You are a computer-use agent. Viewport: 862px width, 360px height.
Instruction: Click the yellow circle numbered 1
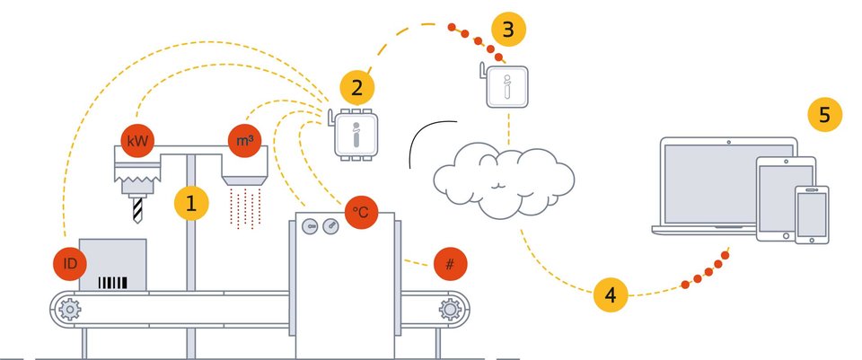[190, 203]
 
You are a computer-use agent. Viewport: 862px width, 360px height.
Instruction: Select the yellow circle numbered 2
[357, 88]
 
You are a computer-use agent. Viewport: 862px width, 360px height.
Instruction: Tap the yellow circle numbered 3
[508, 30]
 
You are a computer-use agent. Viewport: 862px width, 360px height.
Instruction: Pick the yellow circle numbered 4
[611, 294]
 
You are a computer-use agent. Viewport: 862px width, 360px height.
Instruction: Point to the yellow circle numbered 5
[824, 115]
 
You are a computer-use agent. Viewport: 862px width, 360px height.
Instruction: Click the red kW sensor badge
[137, 141]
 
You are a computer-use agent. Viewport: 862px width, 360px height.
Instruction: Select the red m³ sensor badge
[243, 140]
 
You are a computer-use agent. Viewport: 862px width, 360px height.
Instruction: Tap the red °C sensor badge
[360, 212]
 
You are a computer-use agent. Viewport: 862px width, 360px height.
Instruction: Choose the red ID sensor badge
[69, 264]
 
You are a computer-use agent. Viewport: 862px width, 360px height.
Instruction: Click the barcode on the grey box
[112, 283]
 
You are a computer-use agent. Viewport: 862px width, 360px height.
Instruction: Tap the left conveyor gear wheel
[68, 310]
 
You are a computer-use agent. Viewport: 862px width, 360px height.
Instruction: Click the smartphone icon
[811, 215]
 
